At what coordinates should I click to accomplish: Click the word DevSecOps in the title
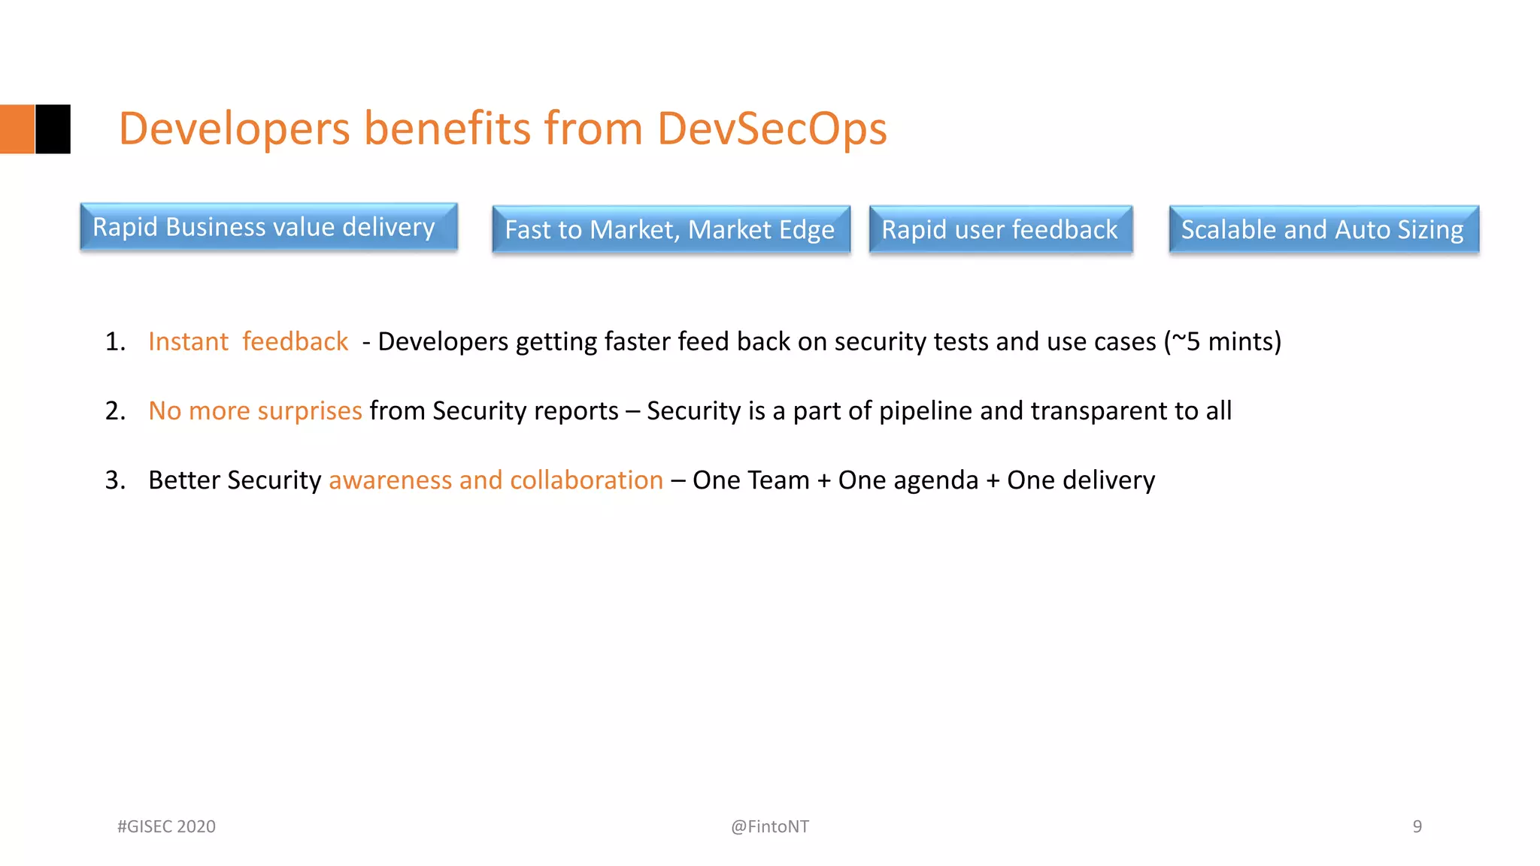click(772, 129)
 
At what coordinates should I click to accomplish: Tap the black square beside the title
click(53, 129)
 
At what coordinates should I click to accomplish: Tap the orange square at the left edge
click(17, 129)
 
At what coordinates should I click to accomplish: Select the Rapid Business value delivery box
click(268, 227)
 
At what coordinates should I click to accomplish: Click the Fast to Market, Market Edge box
click(671, 229)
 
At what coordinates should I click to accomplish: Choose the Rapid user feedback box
click(1000, 229)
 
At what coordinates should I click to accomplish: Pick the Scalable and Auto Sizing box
click(1323, 229)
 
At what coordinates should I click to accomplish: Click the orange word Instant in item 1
click(188, 342)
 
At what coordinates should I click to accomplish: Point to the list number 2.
click(115, 411)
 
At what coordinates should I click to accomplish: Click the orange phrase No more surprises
click(255, 411)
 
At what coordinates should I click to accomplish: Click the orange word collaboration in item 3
click(587, 480)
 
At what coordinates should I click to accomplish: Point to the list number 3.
click(115, 480)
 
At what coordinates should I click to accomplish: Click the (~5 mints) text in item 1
click(1223, 342)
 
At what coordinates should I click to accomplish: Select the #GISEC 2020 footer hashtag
click(166, 827)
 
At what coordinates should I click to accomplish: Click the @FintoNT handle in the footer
click(770, 827)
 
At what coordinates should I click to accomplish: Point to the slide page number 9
click(1417, 827)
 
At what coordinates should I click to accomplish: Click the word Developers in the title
click(235, 129)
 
